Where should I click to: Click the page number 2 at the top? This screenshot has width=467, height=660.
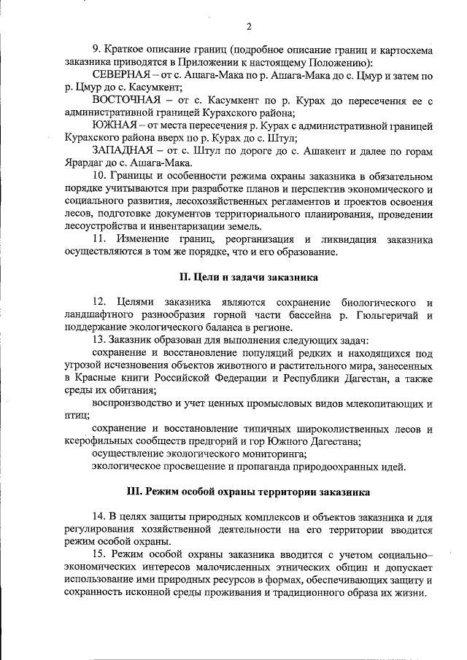(x=248, y=28)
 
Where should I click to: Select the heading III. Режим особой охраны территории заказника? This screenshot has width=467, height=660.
(x=248, y=492)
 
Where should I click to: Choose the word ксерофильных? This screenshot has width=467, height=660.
(x=97, y=440)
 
